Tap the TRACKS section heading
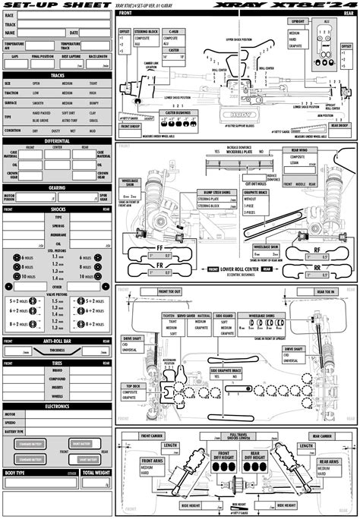tap(57, 74)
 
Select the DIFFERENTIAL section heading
tap(57, 140)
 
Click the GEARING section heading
tap(57, 187)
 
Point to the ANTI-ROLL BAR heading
tap(57, 341)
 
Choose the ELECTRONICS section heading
tap(57, 406)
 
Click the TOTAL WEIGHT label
tap(96, 473)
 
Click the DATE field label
tap(74, 33)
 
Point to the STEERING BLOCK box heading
tap(148, 32)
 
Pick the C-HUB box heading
tap(174, 32)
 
